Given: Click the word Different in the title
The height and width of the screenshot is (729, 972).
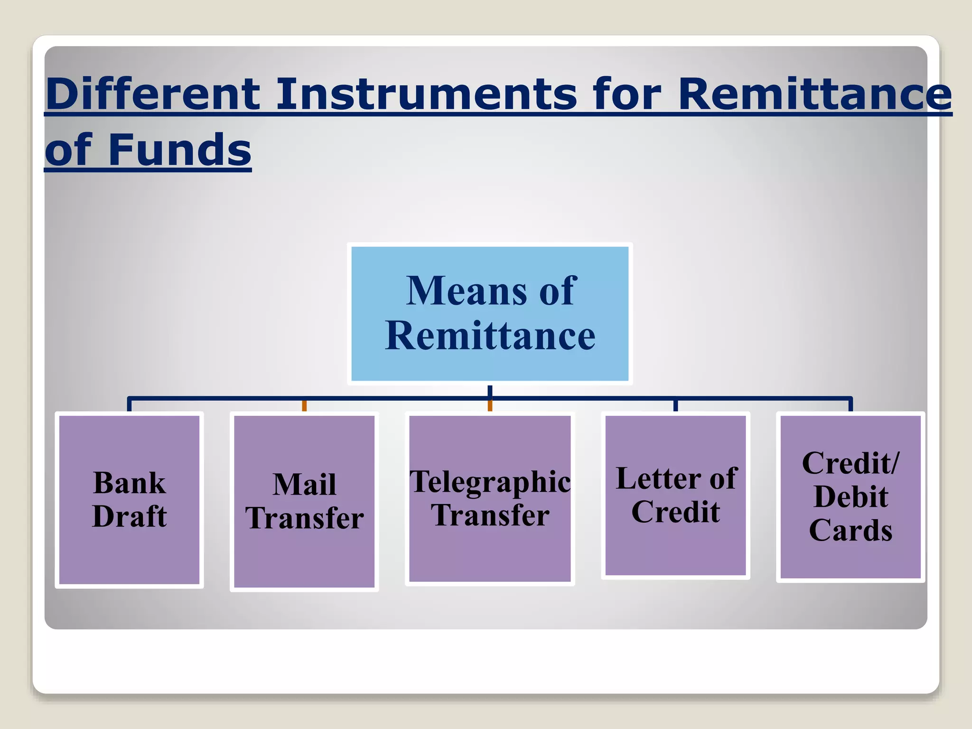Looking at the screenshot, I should (153, 94).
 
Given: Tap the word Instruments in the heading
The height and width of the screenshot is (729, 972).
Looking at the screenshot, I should (426, 94).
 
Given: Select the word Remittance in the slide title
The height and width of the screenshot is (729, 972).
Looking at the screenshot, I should (814, 94).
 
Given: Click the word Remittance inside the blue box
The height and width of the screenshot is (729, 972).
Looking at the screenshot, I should (490, 336).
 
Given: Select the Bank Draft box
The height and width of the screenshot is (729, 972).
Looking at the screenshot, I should (129, 500).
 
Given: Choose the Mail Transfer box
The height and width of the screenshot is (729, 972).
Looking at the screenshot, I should (304, 502).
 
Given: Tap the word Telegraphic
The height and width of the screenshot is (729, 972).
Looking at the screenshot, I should (490, 482).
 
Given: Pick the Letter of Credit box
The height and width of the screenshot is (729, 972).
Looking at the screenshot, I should (675, 495).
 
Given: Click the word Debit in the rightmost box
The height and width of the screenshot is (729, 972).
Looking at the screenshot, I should (850, 497).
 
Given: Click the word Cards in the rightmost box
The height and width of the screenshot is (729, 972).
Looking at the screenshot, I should (850, 530).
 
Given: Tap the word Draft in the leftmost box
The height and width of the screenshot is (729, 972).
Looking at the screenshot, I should (129, 516).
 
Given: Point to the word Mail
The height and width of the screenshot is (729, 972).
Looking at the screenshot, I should (304, 485).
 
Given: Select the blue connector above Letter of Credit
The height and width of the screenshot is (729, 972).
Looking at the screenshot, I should (675, 405).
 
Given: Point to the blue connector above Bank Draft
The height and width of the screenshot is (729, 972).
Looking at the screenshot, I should (129, 405).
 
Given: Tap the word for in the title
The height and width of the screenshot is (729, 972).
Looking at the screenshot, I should (626, 94).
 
